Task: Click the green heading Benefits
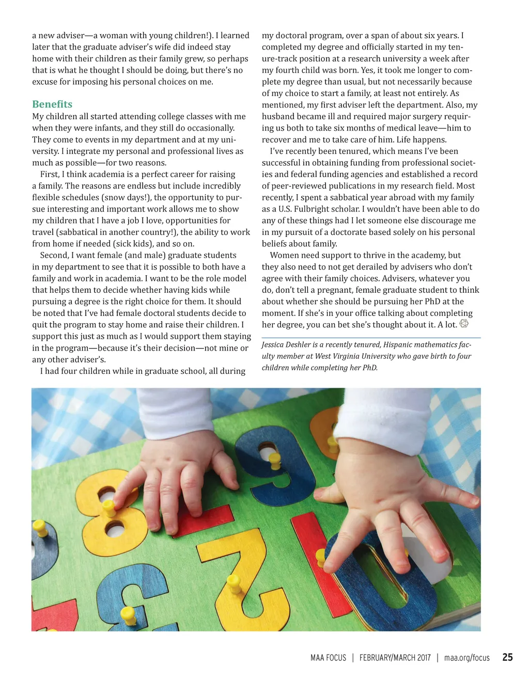52,104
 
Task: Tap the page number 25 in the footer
507,657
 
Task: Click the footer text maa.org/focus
466,658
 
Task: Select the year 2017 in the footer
424,658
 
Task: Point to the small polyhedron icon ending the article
464,324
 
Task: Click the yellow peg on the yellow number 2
235,582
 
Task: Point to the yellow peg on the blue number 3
128,614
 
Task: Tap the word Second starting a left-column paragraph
54,256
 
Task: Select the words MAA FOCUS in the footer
328,658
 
